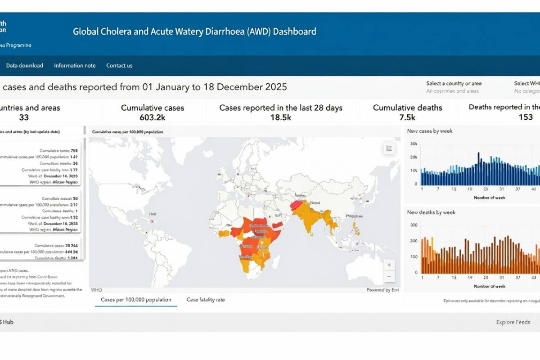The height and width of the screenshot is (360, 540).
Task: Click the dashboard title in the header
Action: [x=194, y=31]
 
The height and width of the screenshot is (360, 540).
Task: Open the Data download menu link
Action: [x=25, y=66]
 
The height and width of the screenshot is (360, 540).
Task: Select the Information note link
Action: [x=75, y=66]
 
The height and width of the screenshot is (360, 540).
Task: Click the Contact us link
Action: [x=119, y=66]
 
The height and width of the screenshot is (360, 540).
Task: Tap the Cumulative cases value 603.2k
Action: [x=153, y=117]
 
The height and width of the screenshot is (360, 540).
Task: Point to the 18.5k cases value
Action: [x=281, y=117]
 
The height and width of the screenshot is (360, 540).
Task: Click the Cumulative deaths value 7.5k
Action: [x=407, y=117]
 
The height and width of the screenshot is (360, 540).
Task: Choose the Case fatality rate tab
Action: [x=206, y=300]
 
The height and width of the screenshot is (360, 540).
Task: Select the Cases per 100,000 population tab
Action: [x=136, y=300]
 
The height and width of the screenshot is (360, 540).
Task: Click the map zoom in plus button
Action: [x=388, y=265]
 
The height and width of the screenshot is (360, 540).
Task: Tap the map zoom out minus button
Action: [x=388, y=277]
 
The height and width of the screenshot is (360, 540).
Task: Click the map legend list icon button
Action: [x=389, y=148]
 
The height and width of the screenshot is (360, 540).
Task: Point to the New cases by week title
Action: [x=430, y=131]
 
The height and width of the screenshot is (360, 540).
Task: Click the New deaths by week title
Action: [x=431, y=212]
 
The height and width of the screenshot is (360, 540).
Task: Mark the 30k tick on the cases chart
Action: [x=414, y=144]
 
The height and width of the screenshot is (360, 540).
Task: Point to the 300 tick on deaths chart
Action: [x=413, y=225]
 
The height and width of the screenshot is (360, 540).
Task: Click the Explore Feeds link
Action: [x=513, y=322]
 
